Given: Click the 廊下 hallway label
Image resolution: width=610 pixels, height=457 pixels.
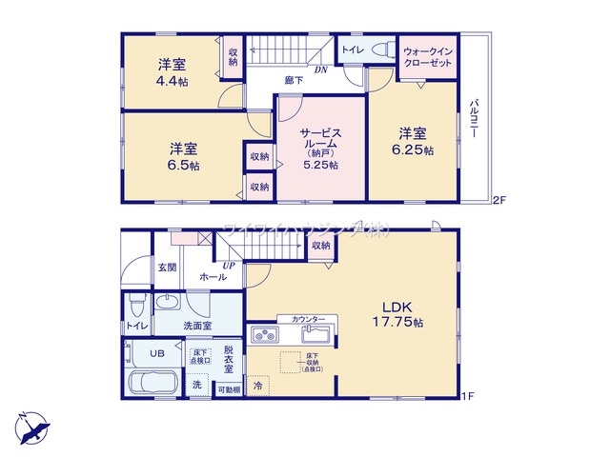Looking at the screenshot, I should coord(294,81).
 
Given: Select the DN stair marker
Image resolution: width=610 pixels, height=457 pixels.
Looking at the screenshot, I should coord(322,70).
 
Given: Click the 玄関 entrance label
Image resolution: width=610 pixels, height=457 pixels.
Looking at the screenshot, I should coord(168,268).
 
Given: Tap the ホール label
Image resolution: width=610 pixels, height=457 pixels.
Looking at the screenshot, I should coord(213,277).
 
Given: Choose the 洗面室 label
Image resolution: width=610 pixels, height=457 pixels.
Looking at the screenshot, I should coord(197,326).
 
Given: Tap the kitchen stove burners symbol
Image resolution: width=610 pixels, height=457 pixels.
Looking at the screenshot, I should coord(264,335).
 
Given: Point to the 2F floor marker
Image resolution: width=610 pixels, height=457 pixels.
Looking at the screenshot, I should coord(498,200).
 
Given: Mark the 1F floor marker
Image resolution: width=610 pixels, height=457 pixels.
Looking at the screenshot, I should coord(468,395).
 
